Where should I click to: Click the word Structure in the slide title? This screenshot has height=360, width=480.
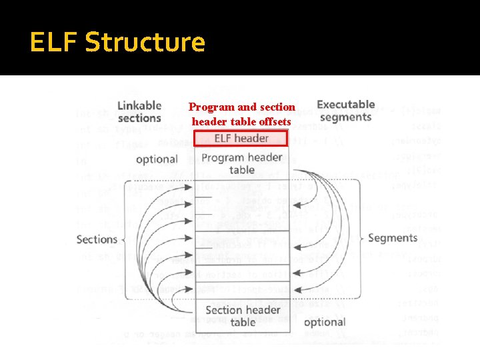(145, 43)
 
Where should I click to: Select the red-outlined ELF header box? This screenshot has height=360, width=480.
(241, 139)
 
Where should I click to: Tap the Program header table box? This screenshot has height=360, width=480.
(241, 164)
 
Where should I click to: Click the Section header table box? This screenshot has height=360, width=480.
(242, 316)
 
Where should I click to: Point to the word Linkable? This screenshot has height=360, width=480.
(139, 105)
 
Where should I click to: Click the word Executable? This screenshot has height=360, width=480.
(345, 105)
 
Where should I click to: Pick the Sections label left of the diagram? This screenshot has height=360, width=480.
(97, 239)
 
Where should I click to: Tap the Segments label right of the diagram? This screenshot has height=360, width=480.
(392, 238)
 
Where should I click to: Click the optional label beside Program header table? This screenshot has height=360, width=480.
(157, 159)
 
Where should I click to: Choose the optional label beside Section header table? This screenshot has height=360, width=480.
(324, 322)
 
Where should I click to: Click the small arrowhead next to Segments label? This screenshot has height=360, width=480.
(362, 238)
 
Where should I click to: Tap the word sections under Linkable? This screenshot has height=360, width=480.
(139, 118)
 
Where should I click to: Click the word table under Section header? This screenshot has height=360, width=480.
(242, 323)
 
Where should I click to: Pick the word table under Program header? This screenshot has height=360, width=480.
(242, 170)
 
